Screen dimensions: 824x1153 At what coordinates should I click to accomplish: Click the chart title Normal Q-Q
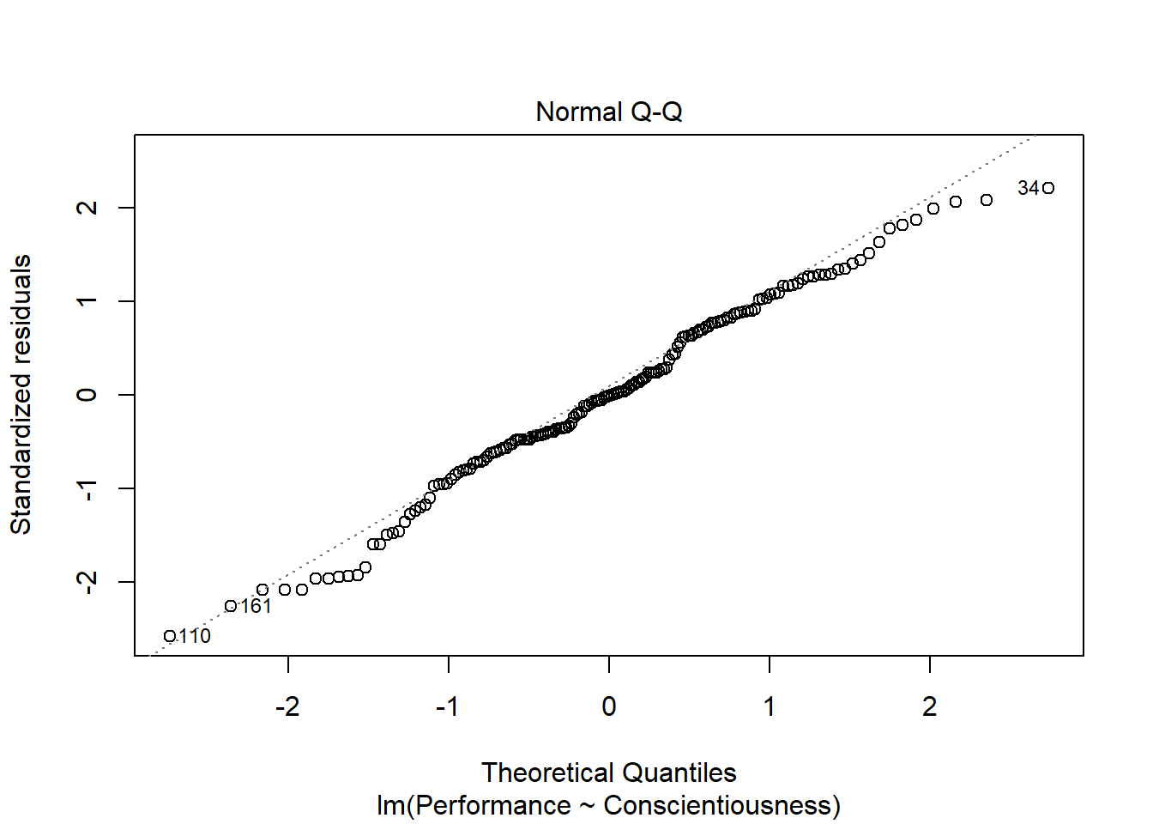coord(608,112)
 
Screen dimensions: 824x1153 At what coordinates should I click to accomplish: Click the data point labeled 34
coord(1047,188)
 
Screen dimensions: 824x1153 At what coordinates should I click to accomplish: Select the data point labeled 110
coord(170,636)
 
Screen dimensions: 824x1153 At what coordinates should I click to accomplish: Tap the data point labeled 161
coord(230,606)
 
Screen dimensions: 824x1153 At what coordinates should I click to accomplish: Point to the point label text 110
coord(195,636)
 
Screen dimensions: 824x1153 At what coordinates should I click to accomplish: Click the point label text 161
coord(256,606)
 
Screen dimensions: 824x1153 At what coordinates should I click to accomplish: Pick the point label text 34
coord(1028,188)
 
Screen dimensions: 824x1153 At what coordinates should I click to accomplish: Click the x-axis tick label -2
coord(287,706)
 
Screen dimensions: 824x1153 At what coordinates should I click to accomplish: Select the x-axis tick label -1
coord(448,706)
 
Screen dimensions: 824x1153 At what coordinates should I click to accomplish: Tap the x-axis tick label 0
coord(609,706)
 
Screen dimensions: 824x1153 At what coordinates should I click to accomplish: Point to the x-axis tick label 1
coord(770,706)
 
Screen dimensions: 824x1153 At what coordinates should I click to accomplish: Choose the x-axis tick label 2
coord(930,706)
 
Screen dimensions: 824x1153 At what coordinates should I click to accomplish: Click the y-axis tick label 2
coord(88,208)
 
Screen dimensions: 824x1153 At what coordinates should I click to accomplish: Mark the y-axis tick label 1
coord(88,301)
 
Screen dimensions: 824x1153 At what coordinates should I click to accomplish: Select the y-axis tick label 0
coord(88,395)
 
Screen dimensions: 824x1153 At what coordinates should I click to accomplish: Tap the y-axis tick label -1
coord(88,488)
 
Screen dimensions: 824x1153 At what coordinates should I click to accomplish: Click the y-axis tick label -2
coord(88,582)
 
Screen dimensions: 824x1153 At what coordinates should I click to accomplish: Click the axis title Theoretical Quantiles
coord(608,772)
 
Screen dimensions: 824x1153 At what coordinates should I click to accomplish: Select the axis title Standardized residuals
coord(21,395)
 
